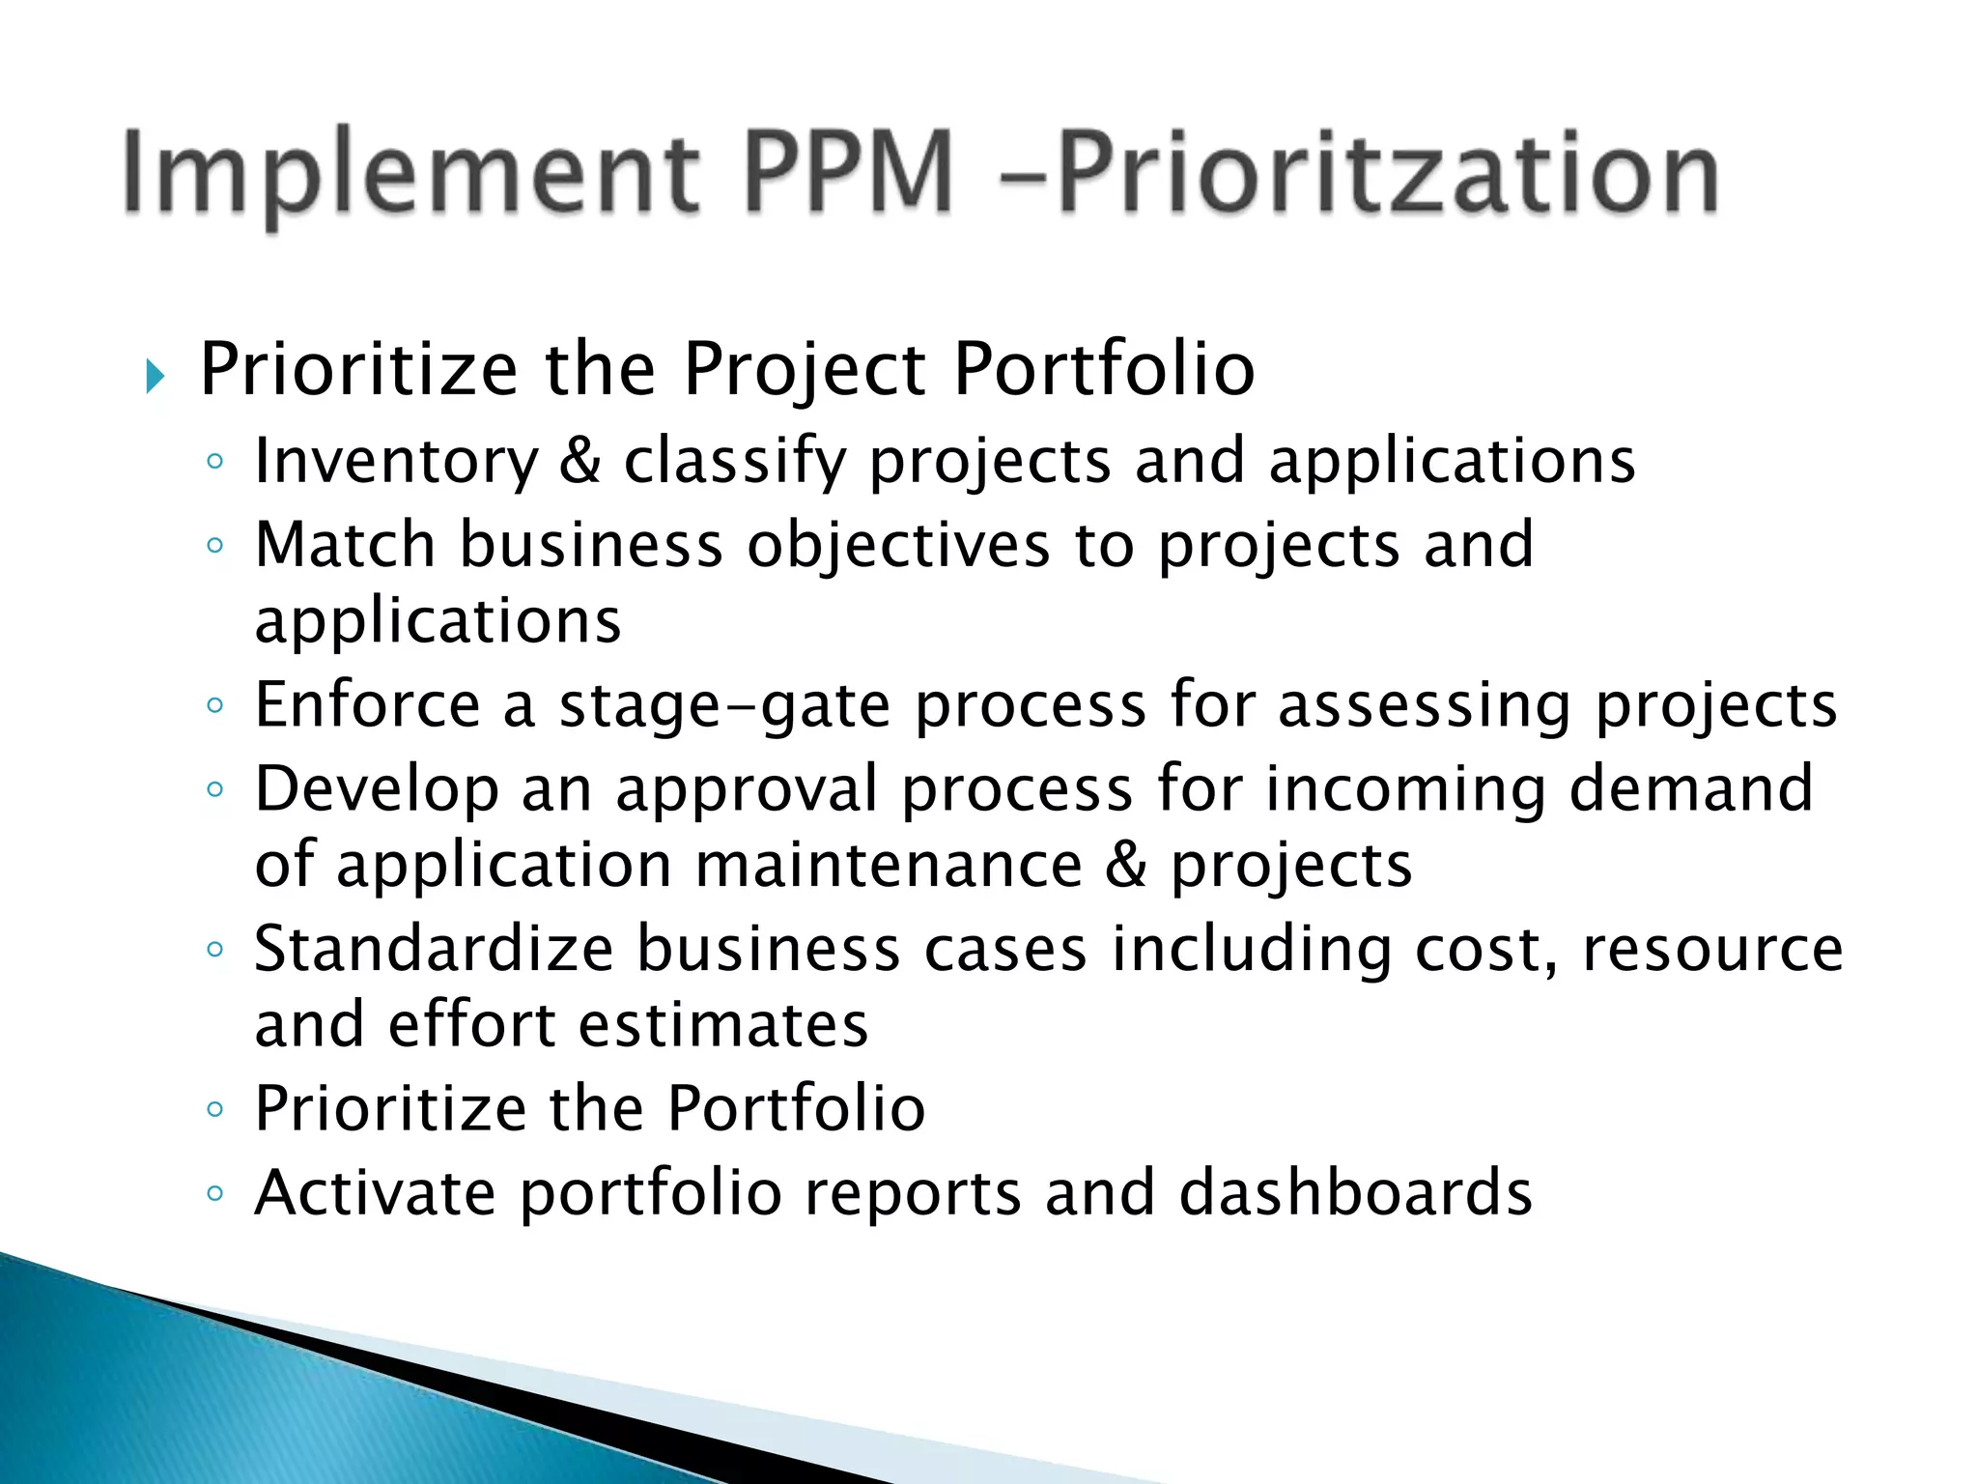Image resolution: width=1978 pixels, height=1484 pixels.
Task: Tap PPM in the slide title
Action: (850, 174)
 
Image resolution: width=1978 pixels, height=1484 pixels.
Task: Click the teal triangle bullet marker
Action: (155, 376)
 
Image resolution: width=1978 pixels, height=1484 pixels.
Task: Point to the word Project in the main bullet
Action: (805, 371)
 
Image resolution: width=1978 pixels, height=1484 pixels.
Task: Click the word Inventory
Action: (396, 462)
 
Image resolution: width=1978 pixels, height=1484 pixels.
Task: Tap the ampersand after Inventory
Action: (580, 461)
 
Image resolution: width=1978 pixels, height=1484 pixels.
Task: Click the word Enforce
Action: (367, 705)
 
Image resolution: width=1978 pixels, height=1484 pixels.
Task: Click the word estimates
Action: (724, 1025)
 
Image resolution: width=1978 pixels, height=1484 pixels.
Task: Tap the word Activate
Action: (375, 1193)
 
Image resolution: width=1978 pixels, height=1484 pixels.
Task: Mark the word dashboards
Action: (1356, 1193)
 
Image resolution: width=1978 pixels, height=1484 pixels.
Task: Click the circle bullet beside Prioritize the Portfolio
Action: (214, 1110)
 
